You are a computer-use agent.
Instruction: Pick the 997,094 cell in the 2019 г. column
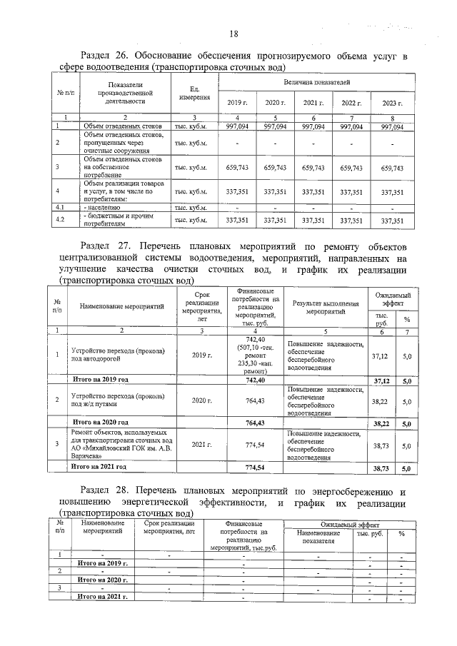[236, 126]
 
